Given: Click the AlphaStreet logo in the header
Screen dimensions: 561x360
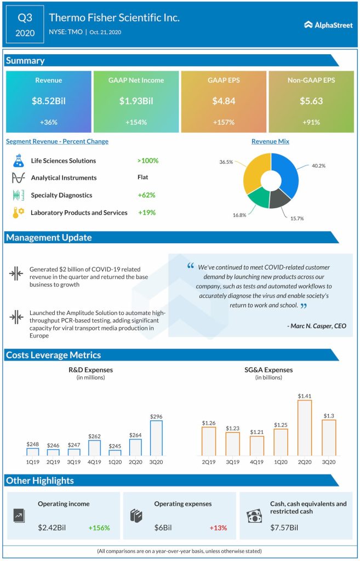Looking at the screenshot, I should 328,24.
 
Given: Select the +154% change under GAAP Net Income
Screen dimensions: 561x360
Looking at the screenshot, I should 136,122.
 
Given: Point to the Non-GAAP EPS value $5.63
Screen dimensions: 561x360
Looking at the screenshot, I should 312,101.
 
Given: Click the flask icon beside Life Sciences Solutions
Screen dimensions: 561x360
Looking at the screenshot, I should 18,161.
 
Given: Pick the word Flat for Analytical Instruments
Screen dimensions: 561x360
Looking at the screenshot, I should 143,178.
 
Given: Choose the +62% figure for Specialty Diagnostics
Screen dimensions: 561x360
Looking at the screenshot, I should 146,195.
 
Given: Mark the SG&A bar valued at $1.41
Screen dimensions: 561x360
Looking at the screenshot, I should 305,427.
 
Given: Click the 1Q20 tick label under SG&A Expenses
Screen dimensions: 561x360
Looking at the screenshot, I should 281,462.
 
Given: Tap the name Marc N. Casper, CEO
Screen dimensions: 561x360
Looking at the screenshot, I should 316,326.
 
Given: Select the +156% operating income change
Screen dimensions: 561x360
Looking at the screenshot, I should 99,528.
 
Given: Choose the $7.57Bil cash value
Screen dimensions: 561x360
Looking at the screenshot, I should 284,528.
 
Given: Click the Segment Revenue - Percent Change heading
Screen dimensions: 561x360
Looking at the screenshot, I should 57,141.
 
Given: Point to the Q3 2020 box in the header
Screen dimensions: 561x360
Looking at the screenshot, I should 25,25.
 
